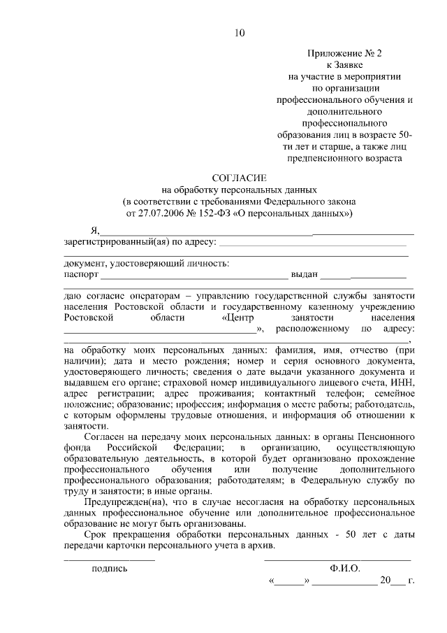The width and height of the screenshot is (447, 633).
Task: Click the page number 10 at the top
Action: coord(240,32)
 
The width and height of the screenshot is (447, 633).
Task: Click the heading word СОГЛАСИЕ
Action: coord(240,178)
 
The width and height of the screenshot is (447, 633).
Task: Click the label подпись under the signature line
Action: coord(110,569)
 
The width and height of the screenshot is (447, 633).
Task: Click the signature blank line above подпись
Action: coord(110,558)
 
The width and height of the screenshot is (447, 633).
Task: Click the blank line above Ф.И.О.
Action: coord(337,558)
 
